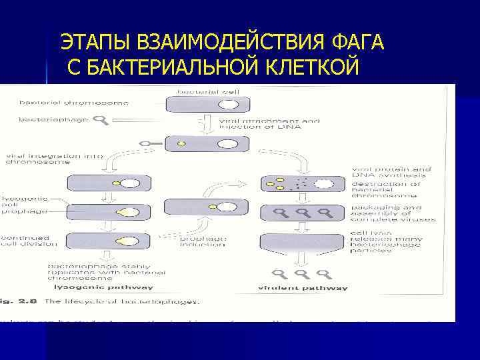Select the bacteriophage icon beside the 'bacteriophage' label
point(101,121)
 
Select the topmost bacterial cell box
point(207,105)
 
